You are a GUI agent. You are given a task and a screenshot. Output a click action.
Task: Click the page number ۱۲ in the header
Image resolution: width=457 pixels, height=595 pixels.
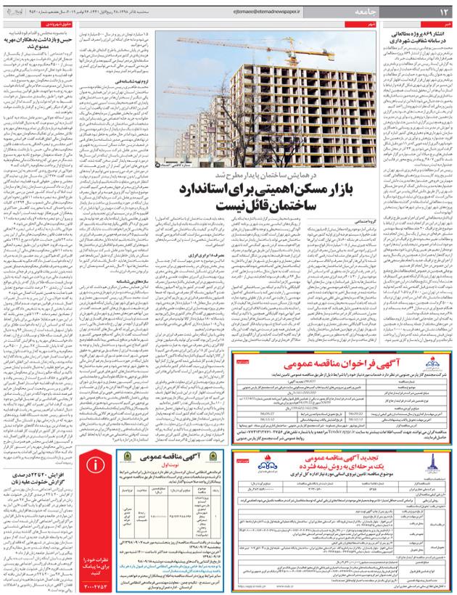(441, 12)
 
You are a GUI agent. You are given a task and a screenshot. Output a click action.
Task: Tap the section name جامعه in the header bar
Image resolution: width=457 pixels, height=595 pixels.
(371, 12)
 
